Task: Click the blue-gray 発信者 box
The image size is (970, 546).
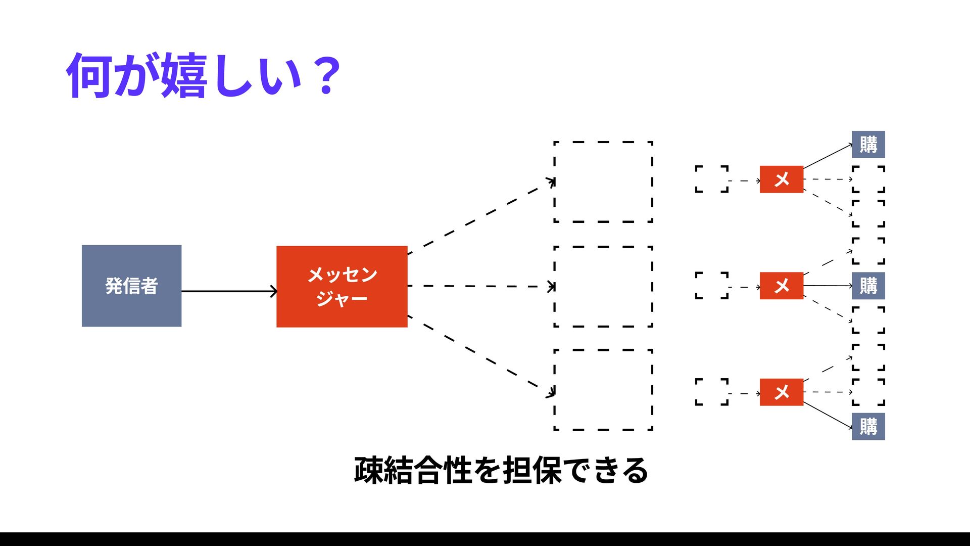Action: click(x=131, y=286)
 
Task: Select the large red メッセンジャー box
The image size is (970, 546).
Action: click(x=342, y=286)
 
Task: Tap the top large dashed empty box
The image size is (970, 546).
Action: click(x=603, y=181)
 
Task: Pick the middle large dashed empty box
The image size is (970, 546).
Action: click(x=603, y=286)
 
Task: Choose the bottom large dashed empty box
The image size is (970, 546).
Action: click(x=603, y=390)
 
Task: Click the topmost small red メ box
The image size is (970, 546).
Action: click(x=781, y=179)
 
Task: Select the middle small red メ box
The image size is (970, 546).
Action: click(x=781, y=286)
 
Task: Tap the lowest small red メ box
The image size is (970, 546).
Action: click(x=781, y=392)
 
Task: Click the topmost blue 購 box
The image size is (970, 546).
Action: click(x=868, y=145)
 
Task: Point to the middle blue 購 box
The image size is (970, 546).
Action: click(x=868, y=286)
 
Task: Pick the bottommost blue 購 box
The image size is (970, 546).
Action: click(x=868, y=426)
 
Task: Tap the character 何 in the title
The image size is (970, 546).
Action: click(x=89, y=76)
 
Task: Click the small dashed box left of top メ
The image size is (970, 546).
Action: click(x=711, y=179)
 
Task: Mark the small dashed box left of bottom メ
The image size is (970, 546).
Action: click(x=711, y=392)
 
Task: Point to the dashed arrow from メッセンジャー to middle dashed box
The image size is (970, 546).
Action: click(x=480, y=286)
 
